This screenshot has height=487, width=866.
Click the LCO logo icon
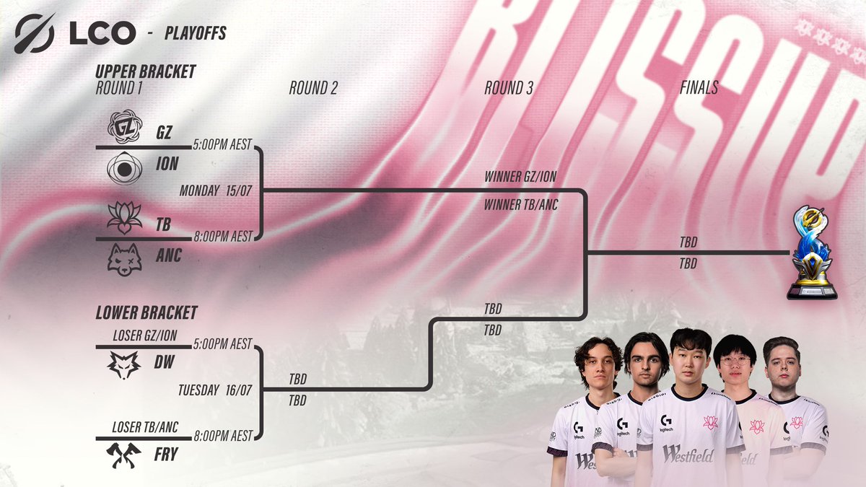[35, 32]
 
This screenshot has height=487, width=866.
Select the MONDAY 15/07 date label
[212, 191]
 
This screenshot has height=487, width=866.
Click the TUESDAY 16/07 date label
[212, 390]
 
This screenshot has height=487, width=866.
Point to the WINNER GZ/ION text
[520, 176]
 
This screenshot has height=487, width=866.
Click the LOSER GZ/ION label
[145, 335]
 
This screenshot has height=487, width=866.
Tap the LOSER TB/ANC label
[145, 428]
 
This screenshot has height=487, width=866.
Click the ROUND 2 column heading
[313, 89]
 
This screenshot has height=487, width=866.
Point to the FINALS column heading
[699, 89]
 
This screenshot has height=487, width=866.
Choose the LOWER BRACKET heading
[146, 313]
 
